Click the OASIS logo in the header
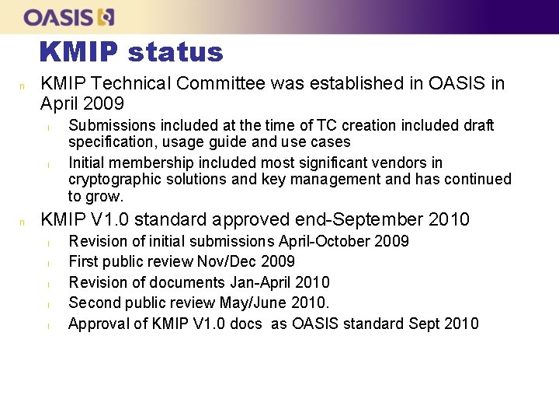click(x=69, y=16)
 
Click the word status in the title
click(x=175, y=52)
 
